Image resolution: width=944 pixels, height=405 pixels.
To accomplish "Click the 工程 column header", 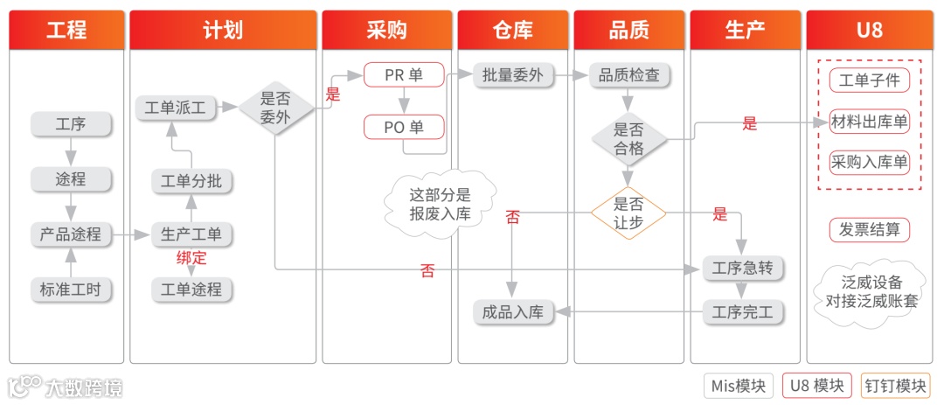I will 66,31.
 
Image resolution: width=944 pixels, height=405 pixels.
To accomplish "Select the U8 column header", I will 869,31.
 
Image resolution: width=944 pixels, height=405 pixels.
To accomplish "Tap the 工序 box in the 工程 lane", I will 71,124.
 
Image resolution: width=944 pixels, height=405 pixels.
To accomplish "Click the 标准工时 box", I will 71,290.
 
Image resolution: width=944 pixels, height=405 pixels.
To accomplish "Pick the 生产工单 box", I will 191,234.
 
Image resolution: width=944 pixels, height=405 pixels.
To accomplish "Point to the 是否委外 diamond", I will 275,108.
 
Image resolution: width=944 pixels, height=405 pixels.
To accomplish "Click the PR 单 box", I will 404,75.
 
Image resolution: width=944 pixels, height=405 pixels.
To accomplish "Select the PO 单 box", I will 404,127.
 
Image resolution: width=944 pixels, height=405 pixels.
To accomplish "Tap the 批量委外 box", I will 513,75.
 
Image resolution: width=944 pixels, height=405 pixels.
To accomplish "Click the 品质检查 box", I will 628,75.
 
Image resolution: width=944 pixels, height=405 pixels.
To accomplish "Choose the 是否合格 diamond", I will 628,138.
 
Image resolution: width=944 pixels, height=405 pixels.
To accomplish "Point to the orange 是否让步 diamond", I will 628,213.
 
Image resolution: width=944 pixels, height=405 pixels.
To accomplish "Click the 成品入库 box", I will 513,312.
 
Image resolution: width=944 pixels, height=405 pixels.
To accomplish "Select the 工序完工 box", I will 743,312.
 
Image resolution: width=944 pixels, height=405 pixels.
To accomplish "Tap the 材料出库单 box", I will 869,122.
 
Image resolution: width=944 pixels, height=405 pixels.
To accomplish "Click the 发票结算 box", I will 869,230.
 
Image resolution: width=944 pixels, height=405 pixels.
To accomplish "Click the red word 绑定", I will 191,258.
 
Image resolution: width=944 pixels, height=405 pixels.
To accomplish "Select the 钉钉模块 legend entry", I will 896,386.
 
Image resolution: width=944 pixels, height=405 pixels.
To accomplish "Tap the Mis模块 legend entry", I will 739,386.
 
